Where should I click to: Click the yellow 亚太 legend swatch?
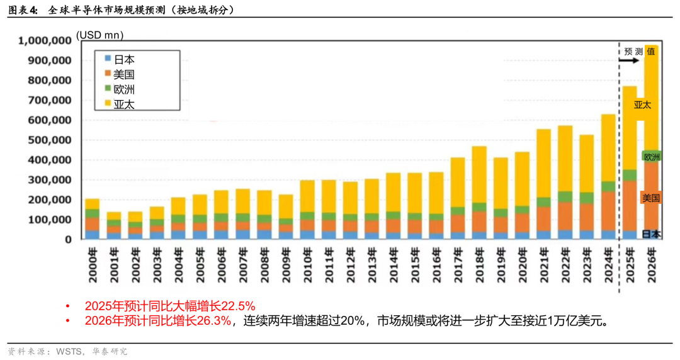coord(108,103)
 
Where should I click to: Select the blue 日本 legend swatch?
coord(108,59)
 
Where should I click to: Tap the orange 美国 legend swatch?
coord(108,74)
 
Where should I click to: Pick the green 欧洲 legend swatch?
coord(108,88)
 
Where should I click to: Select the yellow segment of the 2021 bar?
coord(543,164)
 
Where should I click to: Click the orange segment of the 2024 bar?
coord(608,211)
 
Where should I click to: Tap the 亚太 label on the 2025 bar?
coord(642,105)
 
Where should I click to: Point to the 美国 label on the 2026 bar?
coord(651,198)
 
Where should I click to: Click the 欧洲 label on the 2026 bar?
coord(652,156)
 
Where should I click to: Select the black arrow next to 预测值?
coord(628,61)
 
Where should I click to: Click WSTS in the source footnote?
coord(69,351)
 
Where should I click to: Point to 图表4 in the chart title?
coord(23,10)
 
